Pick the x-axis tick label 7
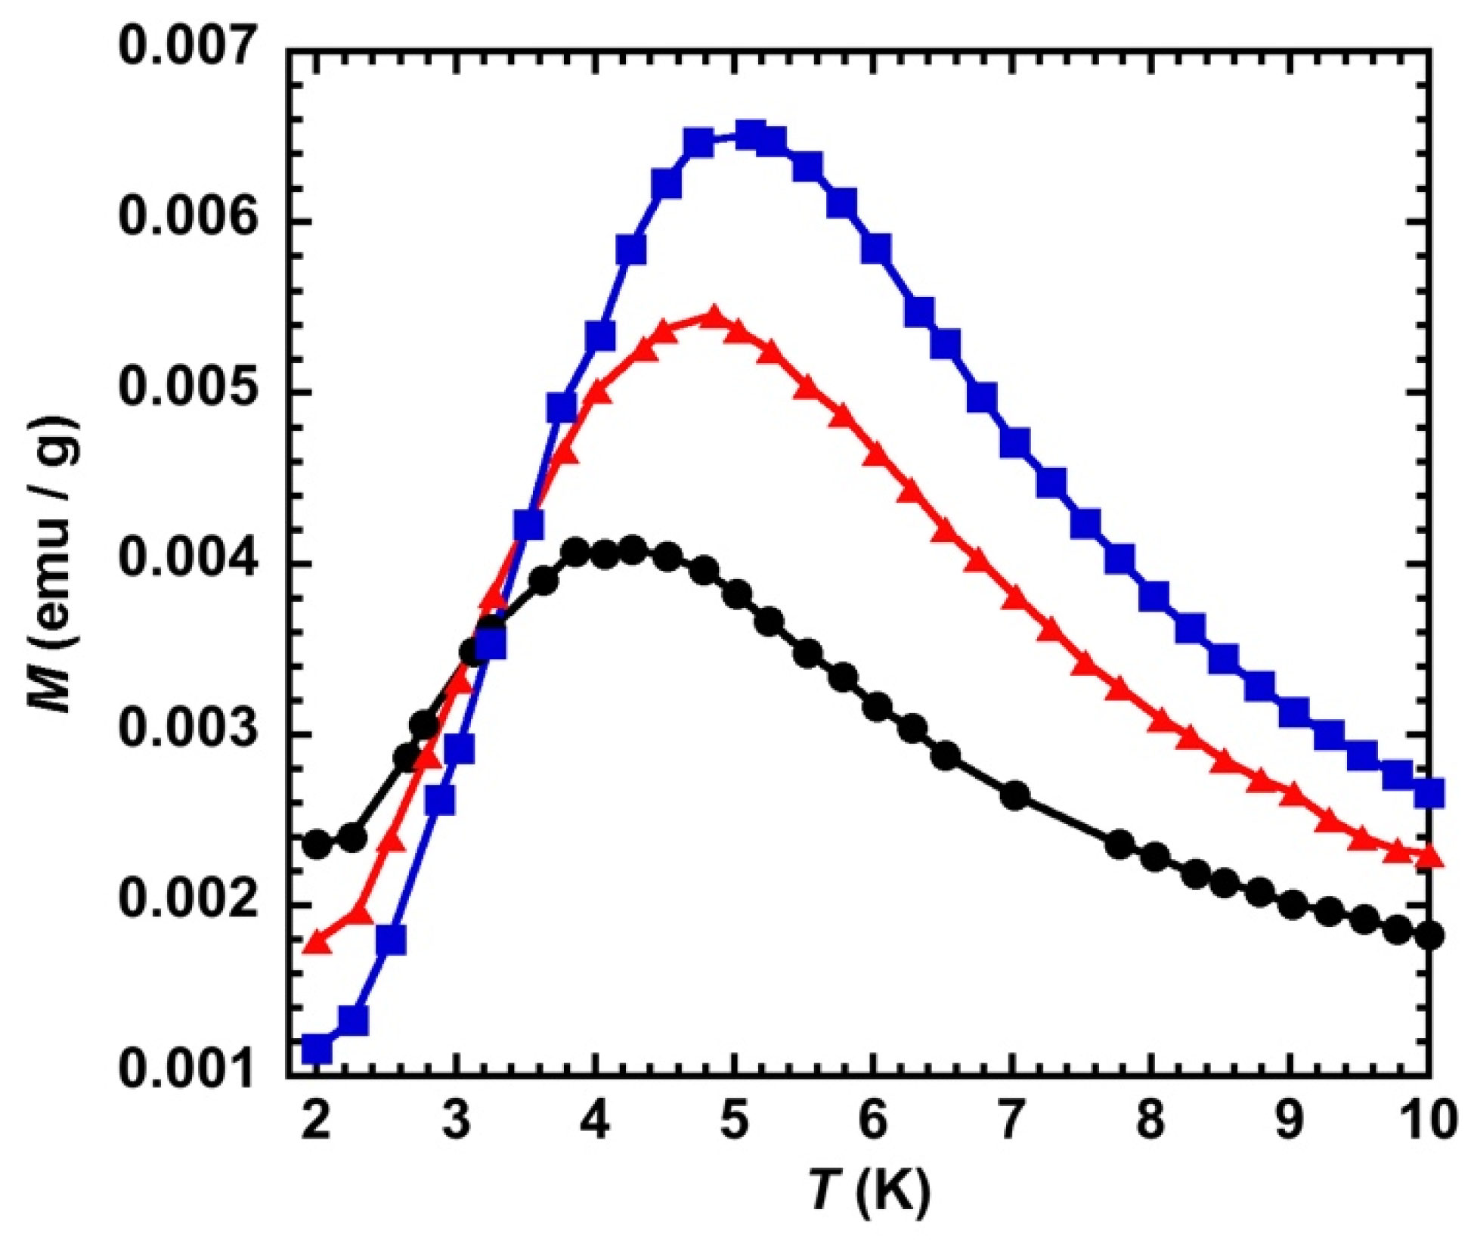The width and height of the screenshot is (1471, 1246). [1013, 1119]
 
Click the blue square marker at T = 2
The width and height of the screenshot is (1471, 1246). [317, 1049]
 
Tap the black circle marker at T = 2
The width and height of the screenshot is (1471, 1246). [317, 844]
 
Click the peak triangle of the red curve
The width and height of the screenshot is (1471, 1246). [713, 315]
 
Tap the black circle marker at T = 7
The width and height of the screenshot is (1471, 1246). [1015, 795]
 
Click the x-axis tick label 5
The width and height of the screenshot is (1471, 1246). [734, 1119]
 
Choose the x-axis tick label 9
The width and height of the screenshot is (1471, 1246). [1290, 1119]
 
